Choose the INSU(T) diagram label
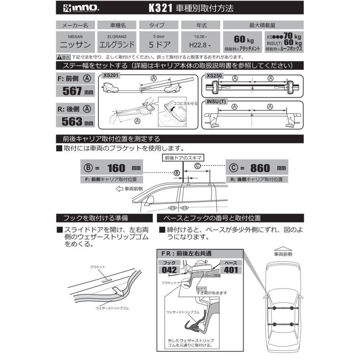217,102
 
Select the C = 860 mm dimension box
256,168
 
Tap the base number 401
231,270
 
